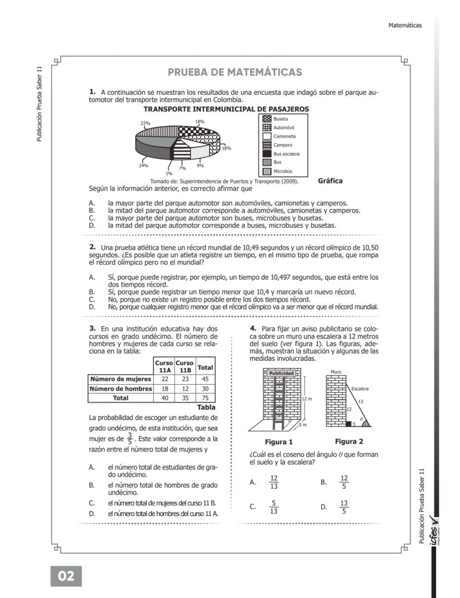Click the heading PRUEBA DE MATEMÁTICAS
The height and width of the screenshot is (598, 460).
234,72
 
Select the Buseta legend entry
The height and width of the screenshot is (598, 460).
281,119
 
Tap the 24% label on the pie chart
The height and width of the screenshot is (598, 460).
143,165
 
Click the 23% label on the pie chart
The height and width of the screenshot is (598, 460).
145,123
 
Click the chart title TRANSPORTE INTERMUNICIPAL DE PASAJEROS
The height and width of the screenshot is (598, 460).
226,109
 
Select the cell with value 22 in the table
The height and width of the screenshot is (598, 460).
164,379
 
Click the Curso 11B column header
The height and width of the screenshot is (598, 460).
184,366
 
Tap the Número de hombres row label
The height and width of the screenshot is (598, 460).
121,389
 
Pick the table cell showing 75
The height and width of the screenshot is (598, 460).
206,398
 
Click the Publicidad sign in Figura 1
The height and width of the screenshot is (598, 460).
282,374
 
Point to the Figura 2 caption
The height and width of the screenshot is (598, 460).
349,442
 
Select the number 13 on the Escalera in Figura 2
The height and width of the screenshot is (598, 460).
361,401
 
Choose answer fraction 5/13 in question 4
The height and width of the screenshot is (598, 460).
273,507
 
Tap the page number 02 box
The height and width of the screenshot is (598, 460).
66,576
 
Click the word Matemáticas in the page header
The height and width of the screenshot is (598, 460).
406,25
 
